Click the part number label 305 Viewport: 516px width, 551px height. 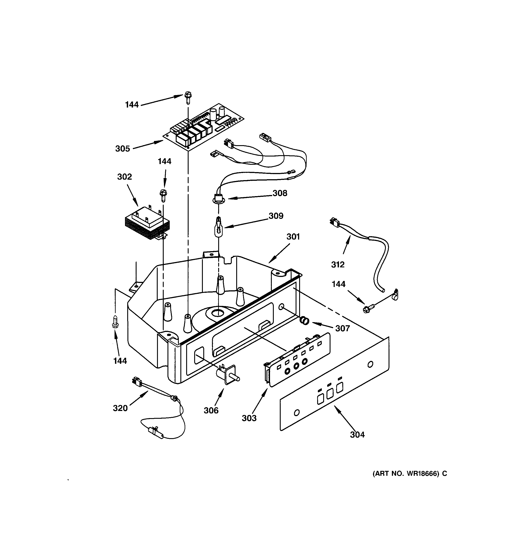click(122, 149)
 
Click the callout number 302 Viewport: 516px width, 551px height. click(124, 177)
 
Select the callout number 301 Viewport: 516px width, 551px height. click(293, 237)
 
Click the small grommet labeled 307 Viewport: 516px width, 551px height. click(305, 321)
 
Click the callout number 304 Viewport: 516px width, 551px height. click(357, 435)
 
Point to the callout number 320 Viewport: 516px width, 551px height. click(120, 408)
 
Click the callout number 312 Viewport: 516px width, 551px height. click(338, 265)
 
